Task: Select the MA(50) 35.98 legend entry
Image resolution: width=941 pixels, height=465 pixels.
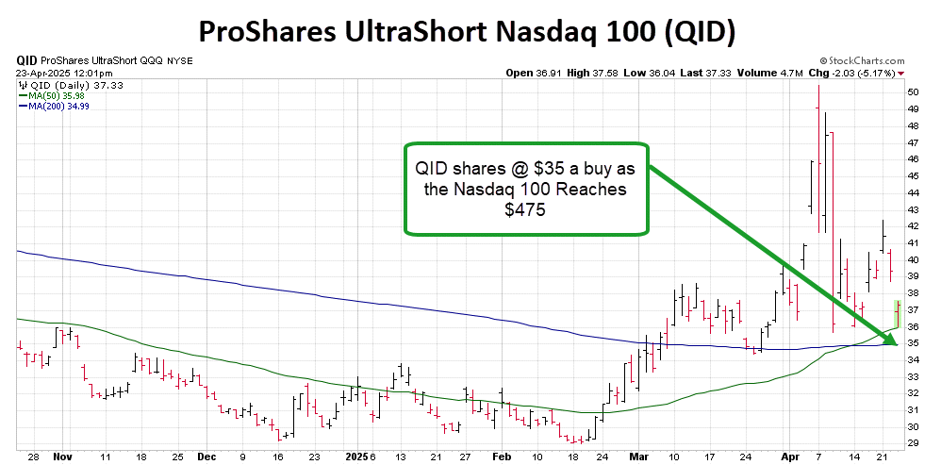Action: [x=58, y=95]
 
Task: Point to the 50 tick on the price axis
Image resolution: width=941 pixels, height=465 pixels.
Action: [x=914, y=92]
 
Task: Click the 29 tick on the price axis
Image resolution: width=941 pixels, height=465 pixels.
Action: [x=914, y=442]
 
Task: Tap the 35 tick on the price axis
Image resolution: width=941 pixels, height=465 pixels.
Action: [x=914, y=342]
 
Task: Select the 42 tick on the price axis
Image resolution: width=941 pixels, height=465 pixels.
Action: [x=914, y=226]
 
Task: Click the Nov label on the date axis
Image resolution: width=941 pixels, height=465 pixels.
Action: [x=63, y=455]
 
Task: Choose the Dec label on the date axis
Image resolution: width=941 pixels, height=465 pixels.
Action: [x=206, y=455]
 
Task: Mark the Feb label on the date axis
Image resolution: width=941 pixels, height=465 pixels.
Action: [x=504, y=455]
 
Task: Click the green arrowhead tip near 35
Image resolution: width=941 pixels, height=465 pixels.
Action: [x=895, y=340]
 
